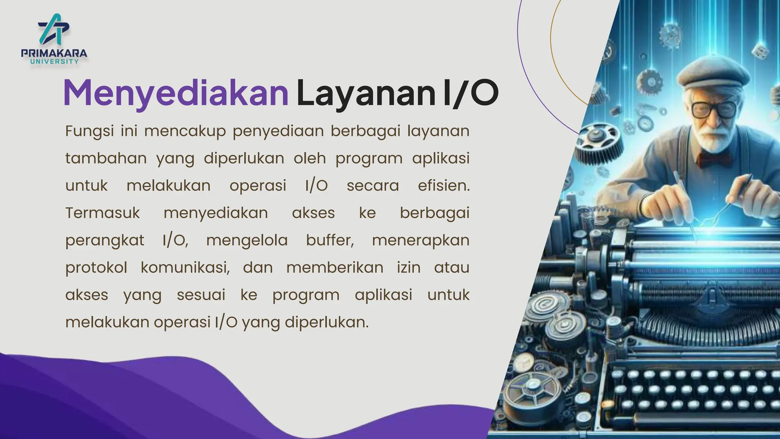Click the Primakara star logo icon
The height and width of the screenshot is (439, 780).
pos(54,29)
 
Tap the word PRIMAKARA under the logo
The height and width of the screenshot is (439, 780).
pos(54,53)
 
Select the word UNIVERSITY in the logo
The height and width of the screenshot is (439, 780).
pos(54,61)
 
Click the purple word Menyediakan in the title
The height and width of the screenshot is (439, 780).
pos(176,93)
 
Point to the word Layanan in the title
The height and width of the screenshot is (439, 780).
pos(366,93)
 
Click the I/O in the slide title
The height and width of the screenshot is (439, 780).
pos(471,93)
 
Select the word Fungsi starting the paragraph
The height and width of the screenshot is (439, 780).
pos(90,131)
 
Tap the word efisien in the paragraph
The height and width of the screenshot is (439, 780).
pos(443,186)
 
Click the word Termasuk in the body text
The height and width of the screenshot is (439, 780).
pos(102,213)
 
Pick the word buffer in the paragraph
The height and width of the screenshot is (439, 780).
pos(330,240)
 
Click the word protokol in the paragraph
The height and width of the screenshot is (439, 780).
pos(96,268)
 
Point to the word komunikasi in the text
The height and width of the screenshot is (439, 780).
pos(185,268)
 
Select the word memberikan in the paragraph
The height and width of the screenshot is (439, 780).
pos(335,268)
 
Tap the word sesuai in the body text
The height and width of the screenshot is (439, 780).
pos(201,295)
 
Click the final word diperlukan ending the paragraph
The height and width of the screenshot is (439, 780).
pos(326,322)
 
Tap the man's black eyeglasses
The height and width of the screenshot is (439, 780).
pos(713,109)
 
